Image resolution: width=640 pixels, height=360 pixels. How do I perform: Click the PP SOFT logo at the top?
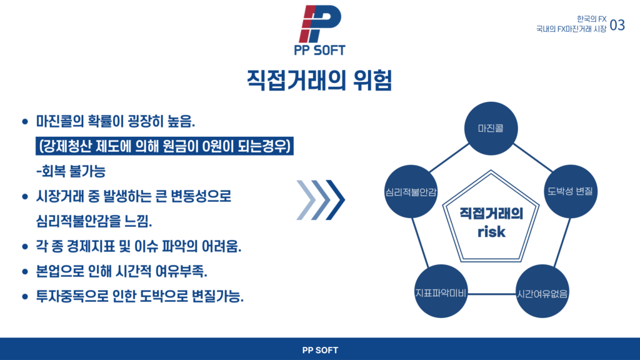(x=320, y=30)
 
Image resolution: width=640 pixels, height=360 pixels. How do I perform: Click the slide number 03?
(x=617, y=25)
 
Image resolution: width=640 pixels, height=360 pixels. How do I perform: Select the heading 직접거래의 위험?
(x=319, y=81)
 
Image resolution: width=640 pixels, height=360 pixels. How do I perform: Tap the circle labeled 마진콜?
(x=491, y=128)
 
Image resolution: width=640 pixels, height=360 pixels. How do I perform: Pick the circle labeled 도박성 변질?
(x=571, y=191)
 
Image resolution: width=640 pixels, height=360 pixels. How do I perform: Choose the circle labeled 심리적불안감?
(x=411, y=191)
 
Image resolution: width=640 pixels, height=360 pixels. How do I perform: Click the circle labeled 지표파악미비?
(x=441, y=291)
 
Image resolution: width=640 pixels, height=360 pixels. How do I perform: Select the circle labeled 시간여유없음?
(x=542, y=291)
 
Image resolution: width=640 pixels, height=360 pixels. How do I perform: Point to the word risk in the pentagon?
(x=491, y=232)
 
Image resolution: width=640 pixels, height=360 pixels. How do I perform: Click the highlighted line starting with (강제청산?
(x=164, y=146)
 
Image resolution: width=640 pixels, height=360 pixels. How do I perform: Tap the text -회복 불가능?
(x=71, y=171)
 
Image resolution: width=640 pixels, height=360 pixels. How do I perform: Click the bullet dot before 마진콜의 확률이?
(x=25, y=122)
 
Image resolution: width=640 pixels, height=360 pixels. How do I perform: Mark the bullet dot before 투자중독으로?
(x=25, y=297)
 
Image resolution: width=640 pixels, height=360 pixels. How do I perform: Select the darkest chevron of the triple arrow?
(x=336, y=200)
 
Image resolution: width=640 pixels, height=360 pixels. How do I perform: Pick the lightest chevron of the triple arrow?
(x=306, y=200)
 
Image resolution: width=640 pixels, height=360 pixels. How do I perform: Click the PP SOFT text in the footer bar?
(x=320, y=350)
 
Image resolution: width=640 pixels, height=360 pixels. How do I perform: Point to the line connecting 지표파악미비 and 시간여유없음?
(x=492, y=294)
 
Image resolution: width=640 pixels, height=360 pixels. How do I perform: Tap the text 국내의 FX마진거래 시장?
(x=571, y=29)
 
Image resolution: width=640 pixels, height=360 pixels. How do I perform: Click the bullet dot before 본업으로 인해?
(x=25, y=272)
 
